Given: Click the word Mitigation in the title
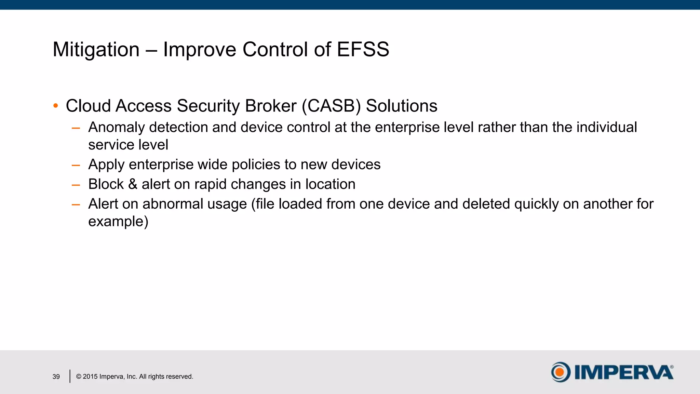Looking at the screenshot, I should (96, 50).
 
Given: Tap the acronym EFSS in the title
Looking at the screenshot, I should (363, 50).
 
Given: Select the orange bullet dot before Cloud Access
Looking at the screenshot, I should (56, 106).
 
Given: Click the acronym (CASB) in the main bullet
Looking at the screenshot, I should (331, 106).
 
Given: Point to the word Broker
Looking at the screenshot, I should (271, 106).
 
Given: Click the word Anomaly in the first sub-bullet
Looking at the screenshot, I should (117, 128).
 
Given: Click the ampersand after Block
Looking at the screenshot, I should (133, 184).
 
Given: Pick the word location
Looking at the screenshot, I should (330, 184).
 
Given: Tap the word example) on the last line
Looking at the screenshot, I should (118, 222).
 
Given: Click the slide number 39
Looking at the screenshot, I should (56, 377).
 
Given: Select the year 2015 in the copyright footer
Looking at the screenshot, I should (90, 377).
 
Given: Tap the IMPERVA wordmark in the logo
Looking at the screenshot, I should (624, 372).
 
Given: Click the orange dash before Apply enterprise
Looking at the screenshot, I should (76, 166).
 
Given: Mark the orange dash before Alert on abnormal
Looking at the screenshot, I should (76, 205).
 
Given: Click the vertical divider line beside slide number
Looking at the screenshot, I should (70, 376).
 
